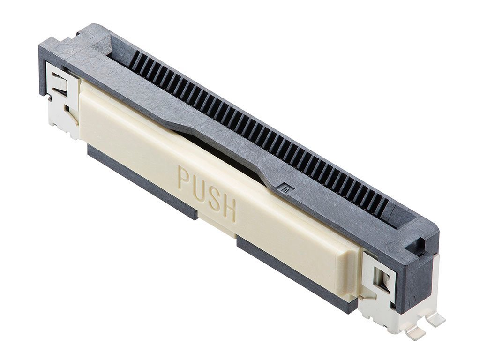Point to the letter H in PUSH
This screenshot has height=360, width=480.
tap(229, 210)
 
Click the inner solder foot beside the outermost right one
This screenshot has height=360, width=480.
tap(415, 332)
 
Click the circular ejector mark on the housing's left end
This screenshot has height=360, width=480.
tap(63, 48)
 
